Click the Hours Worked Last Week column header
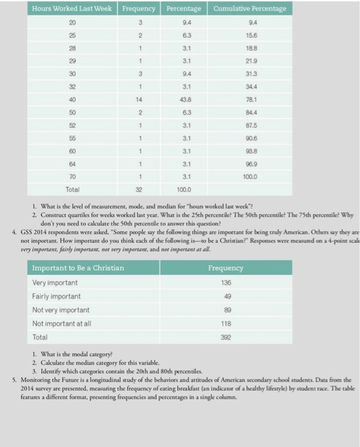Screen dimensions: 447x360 tap(72, 9)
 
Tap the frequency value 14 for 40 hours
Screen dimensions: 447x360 tap(139, 117)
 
